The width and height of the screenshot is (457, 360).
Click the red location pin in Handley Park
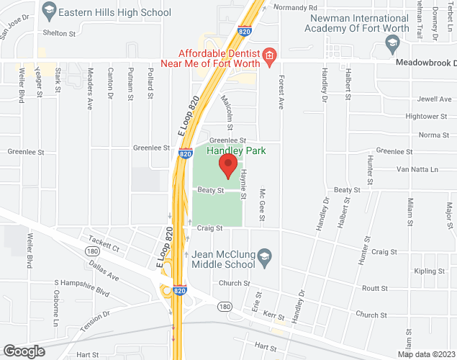point(228,165)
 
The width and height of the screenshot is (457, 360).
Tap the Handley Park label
point(236,150)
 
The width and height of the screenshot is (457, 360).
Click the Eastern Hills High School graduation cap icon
point(49,9)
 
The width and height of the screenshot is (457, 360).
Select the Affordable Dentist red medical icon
point(269,56)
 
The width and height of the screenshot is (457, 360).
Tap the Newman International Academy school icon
point(392,44)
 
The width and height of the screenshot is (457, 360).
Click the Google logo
point(24,351)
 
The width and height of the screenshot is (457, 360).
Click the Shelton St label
point(59,33)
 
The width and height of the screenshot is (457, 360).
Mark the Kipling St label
point(430,271)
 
